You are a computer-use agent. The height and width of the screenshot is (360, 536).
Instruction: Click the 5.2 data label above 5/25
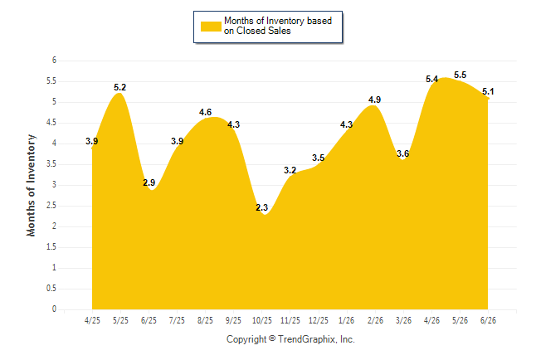point(120,88)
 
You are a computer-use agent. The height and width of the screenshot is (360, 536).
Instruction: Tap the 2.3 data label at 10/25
point(262,207)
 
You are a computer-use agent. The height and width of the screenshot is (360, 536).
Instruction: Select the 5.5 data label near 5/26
point(460,75)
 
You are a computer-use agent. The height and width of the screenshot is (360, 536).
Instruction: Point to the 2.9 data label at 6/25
point(149,183)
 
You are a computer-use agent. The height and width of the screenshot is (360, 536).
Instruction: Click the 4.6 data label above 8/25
point(206,112)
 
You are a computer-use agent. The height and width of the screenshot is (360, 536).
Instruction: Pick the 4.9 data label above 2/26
point(375,100)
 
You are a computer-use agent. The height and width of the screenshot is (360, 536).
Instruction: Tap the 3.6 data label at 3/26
point(403,153)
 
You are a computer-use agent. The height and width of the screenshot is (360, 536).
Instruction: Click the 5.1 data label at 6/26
point(488,91)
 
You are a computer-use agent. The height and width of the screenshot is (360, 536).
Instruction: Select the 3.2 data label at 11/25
point(290,170)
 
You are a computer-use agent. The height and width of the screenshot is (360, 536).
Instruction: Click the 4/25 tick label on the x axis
point(92,320)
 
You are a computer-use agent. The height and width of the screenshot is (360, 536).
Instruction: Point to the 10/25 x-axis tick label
point(262,320)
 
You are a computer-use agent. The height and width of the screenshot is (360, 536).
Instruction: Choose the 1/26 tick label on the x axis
point(347,320)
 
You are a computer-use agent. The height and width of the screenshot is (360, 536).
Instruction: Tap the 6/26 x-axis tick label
point(488,320)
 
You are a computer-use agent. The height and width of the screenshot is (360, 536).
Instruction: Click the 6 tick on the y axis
point(54,61)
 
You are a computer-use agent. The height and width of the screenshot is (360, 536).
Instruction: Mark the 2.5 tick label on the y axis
point(51,206)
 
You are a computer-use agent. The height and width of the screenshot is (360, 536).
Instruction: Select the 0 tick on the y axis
point(54,309)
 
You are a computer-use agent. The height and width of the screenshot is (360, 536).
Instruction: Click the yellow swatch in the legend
point(211,27)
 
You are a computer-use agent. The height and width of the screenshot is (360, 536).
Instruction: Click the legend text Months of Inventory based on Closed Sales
point(278,26)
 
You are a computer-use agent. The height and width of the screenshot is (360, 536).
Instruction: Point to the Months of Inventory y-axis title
point(31,185)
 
